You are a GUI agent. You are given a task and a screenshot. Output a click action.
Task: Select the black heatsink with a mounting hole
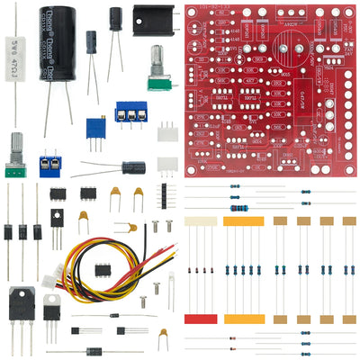(x=153, y=20)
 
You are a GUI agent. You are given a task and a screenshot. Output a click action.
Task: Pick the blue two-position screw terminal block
(x=49, y=165)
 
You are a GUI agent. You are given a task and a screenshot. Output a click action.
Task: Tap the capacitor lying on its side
(x=133, y=167)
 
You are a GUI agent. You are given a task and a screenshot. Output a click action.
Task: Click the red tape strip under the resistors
(x=200, y=319)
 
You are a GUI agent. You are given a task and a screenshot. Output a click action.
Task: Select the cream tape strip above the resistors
(x=200, y=220)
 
